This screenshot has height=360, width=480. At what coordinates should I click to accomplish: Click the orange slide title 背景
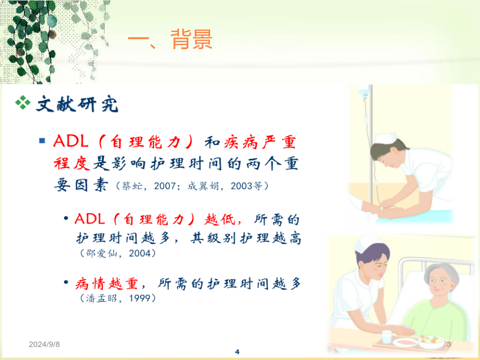click(x=191, y=39)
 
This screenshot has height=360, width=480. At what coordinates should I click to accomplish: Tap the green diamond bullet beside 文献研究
click(x=23, y=102)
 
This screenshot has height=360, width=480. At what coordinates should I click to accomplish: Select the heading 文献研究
click(x=77, y=104)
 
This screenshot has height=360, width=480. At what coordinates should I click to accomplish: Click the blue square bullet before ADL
click(x=42, y=141)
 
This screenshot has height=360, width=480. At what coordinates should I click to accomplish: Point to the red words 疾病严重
click(x=260, y=142)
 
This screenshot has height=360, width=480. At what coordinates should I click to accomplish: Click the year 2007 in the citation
click(x=165, y=186)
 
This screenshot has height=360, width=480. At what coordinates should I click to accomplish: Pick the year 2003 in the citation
click(x=242, y=186)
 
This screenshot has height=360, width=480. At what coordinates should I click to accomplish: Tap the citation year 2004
click(x=140, y=253)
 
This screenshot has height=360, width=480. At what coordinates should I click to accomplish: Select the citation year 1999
click(x=140, y=298)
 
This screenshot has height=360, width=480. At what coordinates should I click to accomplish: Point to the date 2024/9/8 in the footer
click(x=44, y=344)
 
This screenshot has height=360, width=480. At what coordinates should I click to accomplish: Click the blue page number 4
click(x=237, y=352)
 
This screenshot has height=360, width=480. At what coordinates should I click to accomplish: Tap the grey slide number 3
click(x=449, y=344)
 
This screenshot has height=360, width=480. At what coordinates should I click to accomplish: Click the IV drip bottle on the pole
click(x=364, y=92)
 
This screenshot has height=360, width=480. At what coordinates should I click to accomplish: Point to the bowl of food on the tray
click(x=431, y=341)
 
